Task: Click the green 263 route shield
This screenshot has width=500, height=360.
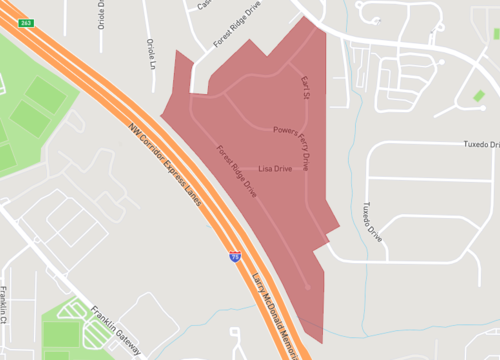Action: point(26,21)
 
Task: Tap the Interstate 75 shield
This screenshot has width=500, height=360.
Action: point(232,257)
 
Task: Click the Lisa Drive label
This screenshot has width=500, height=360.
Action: point(274,169)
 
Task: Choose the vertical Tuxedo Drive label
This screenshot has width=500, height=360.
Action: point(372,222)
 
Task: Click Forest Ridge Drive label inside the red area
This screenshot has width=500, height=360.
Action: point(236,171)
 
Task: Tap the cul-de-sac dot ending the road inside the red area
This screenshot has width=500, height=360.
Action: point(307,288)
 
